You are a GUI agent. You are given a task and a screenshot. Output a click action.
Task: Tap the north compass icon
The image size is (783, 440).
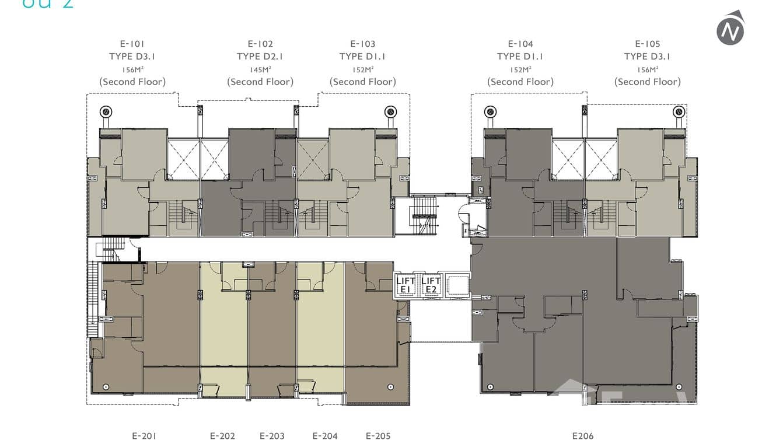point(730,28)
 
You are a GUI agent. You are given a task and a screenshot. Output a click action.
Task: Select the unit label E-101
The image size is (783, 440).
point(132,44)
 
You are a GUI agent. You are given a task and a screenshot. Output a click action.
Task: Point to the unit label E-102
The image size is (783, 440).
point(260,44)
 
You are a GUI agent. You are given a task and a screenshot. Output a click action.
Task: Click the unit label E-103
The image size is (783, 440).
point(362,44)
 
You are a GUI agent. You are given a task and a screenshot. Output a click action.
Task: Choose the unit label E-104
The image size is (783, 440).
point(520,44)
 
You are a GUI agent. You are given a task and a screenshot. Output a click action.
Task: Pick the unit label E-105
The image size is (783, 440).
point(647,44)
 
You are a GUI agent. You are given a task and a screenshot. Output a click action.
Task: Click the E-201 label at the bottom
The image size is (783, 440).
point(144,435)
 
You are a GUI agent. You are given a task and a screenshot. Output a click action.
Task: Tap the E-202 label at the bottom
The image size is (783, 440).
point(222,435)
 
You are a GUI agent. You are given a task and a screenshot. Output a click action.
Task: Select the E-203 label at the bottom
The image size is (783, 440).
point(272,435)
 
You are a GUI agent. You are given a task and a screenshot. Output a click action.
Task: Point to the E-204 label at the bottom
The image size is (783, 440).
point(325,435)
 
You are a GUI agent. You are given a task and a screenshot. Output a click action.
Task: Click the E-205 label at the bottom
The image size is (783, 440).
point(378,435)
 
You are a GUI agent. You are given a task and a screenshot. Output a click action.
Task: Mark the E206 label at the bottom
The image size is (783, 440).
point(582,435)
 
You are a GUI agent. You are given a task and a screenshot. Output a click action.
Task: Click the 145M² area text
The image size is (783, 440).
point(260,69)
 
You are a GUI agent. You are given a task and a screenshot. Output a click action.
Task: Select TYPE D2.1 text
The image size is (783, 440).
point(260,57)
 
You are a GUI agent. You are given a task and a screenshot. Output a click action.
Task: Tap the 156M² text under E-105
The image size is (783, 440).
point(647,69)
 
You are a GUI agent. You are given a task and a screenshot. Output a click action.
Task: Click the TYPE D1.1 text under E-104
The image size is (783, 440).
point(520,57)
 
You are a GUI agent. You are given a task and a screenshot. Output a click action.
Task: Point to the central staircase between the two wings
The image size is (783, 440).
point(424,215)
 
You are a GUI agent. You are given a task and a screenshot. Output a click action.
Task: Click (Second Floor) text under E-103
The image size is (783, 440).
point(362,82)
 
